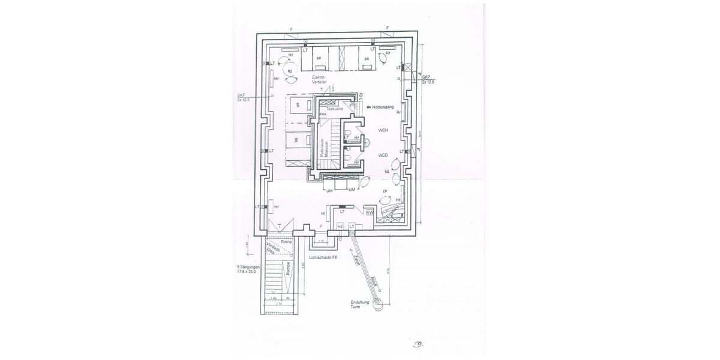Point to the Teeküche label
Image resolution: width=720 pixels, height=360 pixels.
(335, 108)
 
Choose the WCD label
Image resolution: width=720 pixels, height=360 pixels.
(383, 155)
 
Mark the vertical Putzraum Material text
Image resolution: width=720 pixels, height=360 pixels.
(325, 148)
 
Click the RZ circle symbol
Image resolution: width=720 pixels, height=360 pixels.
(290, 71)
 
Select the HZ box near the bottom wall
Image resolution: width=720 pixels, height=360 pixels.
(340, 226)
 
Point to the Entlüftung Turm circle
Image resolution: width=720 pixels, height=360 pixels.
(378, 305)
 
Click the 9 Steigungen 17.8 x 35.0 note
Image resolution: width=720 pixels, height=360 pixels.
(249, 269)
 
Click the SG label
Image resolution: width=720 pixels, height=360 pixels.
(387, 172)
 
